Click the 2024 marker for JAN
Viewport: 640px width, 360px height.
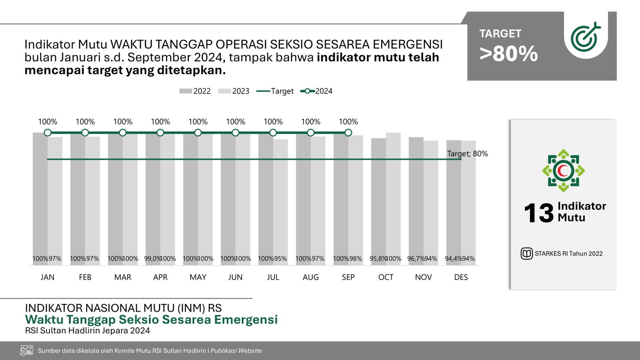(x=48, y=132)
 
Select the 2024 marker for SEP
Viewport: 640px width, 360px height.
(x=348, y=132)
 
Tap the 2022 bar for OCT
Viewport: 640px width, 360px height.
(x=378, y=200)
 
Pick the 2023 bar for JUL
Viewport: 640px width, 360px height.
(x=280, y=200)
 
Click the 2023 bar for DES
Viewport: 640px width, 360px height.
(x=468, y=200)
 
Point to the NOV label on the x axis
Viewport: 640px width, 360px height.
(x=423, y=277)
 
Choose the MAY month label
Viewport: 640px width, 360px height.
(x=198, y=277)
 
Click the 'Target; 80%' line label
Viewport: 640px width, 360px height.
(x=467, y=154)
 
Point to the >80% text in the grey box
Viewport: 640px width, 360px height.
(x=508, y=54)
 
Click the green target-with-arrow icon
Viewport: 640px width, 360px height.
(x=585, y=37)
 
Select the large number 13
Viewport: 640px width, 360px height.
(x=538, y=213)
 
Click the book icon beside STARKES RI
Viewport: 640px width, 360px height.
(x=526, y=254)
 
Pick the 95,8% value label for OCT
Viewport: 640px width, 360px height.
(x=378, y=259)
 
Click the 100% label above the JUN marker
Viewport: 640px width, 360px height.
(x=236, y=122)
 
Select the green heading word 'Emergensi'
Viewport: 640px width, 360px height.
(x=246, y=320)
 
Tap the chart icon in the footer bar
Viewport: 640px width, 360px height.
(x=26, y=351)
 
